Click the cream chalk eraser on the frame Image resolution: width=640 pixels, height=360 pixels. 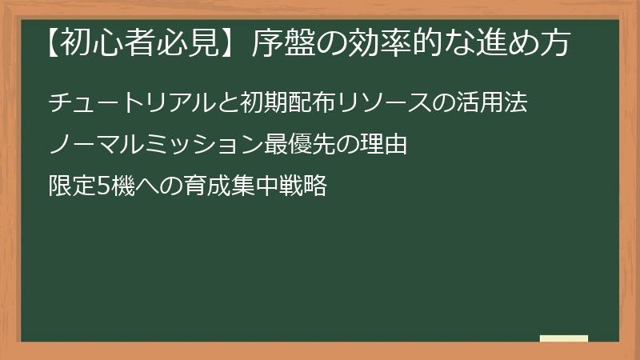[563, 338]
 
